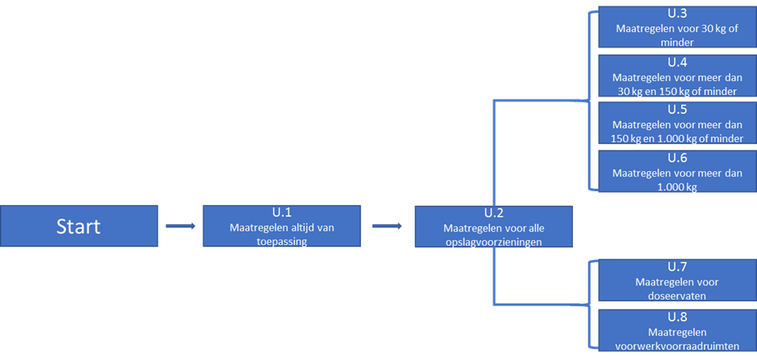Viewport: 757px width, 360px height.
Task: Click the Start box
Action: [x=79, y=226]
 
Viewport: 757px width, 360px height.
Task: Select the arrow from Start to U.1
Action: [x=180, y=226]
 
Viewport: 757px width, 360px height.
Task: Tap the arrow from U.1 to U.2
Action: [x=387, y=226]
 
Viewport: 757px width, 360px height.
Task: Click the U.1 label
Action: [x=281, y=212]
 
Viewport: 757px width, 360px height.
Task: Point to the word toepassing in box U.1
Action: [x=281, y=242]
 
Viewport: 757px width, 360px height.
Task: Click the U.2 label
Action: [x=494, y=213]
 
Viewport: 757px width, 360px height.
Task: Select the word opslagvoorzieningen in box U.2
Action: [x=493, y=243]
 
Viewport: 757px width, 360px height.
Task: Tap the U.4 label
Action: [x=677, y=62]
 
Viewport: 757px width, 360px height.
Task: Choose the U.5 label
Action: [x=677, y=109]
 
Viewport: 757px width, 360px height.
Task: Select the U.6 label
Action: [x=677, y=157]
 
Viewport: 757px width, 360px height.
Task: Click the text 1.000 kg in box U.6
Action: [x=677, y=187]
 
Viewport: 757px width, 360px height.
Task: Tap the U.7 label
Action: [x=677, y=266]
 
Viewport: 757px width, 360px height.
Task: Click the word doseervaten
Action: [x=677, y=296]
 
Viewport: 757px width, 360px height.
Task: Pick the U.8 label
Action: [x=677, y=317]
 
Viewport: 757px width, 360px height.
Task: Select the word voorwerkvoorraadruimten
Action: [x=677, y=346]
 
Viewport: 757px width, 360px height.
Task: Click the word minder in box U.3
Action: [x=677, y=42]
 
